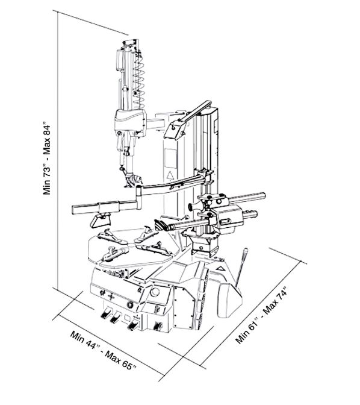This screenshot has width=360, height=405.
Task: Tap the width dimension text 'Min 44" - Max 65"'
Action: pos(103,351)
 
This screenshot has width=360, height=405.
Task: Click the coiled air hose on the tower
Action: pos(138,80)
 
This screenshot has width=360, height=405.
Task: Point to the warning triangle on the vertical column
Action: pos(170,175)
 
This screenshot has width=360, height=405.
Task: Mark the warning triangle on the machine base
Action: pos(220,268)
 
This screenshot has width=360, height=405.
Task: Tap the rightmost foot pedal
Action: pos(157,326)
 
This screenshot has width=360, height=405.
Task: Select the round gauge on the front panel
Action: pos(155,292)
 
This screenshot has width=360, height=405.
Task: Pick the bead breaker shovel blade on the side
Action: pos(229,300)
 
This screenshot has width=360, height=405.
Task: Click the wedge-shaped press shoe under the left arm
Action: pos(101,221)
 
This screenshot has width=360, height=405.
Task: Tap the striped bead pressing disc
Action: pos(161,224)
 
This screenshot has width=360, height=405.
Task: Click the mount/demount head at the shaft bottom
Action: pos(132,180)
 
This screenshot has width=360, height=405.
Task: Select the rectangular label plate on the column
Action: pos(170,157)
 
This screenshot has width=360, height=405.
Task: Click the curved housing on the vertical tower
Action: pos(131,122)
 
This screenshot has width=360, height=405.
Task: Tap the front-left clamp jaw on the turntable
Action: pos(114,254)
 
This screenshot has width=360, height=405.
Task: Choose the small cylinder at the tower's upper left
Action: pos(119,59)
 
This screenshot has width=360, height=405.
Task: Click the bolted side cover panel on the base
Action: pos(184,307)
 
